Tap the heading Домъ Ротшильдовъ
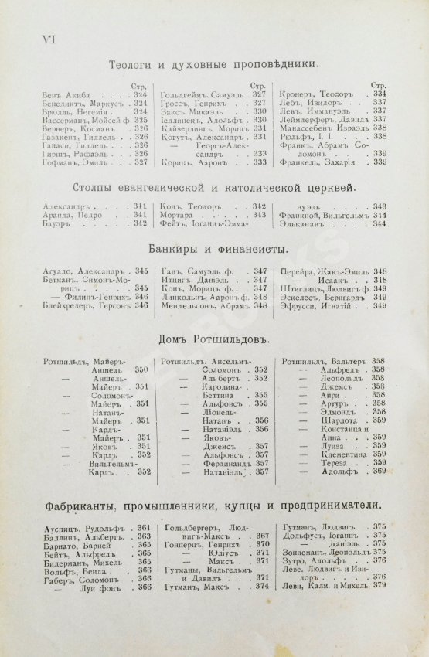(x=213, y=339)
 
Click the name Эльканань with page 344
(x=311, y=223)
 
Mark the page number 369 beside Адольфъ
(x=379, y=471)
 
